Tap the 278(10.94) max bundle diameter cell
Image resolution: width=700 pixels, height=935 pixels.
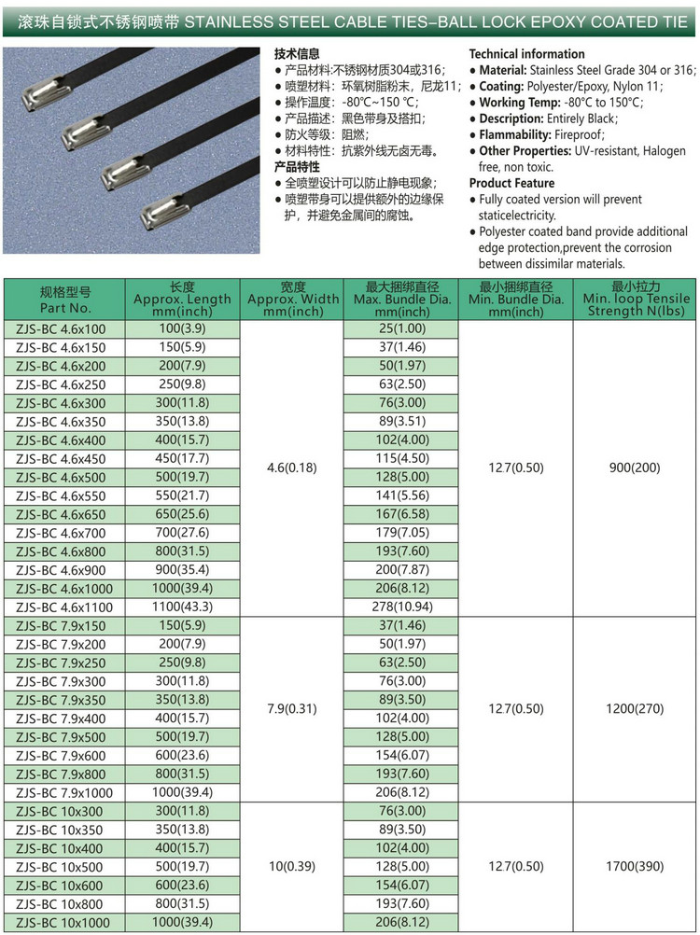click(x=401, y=607)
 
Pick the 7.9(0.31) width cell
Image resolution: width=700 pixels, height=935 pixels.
click(x=292, y=708)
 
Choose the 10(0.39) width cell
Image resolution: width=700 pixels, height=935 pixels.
click(x=292, y=866)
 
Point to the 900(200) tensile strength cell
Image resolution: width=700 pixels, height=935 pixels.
click(x=637, y=467)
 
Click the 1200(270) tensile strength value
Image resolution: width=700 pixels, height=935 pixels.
click(x=637, y=708)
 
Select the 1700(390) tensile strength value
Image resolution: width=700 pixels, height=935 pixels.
click(x=637, y=866)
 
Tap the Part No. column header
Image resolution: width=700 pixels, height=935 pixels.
click(x=65, y=300)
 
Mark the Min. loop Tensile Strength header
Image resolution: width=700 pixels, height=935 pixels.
click(x=636, y=300)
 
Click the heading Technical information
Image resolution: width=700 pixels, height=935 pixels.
click(x=526, y=54)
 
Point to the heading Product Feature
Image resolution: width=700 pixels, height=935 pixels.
click(x=511, y=183)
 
